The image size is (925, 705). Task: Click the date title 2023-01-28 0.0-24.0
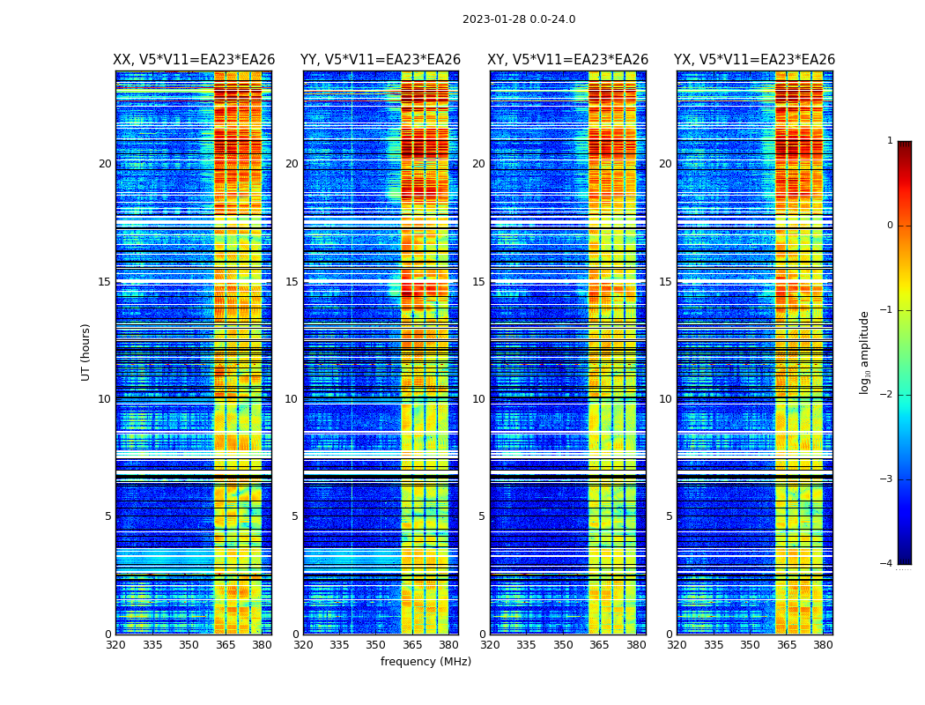(519, 19)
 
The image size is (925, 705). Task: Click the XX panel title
(194, 60)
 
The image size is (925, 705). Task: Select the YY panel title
(381, 60)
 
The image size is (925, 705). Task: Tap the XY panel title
(568, 60)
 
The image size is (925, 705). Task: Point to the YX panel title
(754, 60)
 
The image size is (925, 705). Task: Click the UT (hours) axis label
(86, 352)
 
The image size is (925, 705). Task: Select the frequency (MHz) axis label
(425, 662)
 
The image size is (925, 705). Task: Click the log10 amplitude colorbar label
(865, 352)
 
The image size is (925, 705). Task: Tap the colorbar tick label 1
(890, 141)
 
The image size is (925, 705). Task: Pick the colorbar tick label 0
(890, 226)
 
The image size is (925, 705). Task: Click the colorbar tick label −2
(887, 395)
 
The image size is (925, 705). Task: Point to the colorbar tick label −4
(887, 564)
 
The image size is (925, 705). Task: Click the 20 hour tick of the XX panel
(105, 164)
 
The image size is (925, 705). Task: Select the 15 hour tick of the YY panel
(292, 282)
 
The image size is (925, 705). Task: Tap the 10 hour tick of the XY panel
(478, 399)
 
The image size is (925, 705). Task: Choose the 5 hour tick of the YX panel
(670, 516)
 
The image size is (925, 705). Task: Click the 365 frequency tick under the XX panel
(226, 644)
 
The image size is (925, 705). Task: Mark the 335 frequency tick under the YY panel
(339, 644)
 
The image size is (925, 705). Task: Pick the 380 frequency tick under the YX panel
(823, 644)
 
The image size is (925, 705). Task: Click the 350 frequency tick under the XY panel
(563, 644)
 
